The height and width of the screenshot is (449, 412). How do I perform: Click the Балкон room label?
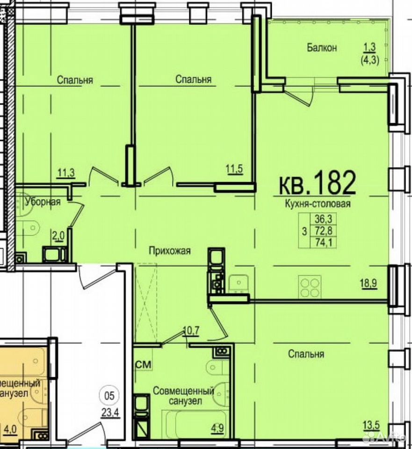point(322,48)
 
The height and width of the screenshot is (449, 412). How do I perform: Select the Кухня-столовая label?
point(318,204)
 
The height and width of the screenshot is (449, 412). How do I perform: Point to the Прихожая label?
point(169,251)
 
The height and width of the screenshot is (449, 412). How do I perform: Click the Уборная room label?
point(43,202)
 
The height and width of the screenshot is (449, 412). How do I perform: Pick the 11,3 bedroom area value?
point(66,173)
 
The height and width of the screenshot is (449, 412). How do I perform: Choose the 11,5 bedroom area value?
point(234,169)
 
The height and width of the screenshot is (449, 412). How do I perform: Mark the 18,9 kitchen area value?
point(369,283)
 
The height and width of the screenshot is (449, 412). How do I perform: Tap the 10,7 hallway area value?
point(191,331)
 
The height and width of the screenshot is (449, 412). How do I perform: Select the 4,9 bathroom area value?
point(217,429)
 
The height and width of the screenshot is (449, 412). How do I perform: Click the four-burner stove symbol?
point(310,287)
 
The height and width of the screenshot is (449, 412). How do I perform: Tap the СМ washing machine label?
point(143,364)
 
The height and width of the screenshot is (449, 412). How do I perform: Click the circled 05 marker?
point(109,396)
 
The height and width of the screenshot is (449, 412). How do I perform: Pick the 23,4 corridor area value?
point(109,413)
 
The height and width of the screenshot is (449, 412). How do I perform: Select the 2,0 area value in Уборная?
point(58,237)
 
